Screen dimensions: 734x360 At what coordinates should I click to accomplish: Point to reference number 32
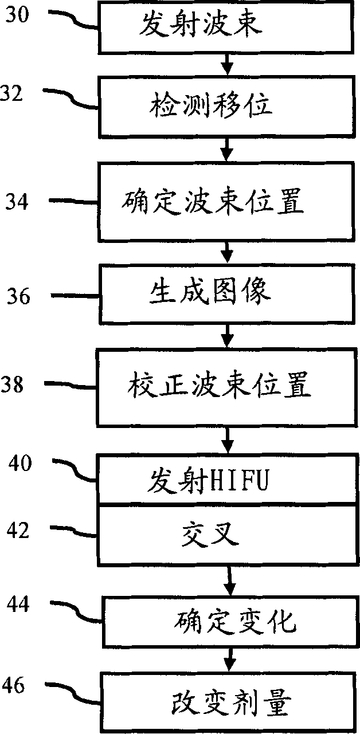pos(13,93)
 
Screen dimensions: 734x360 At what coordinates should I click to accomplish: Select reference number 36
pos(21,297)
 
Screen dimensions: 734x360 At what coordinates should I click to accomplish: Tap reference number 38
pos(13,384)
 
